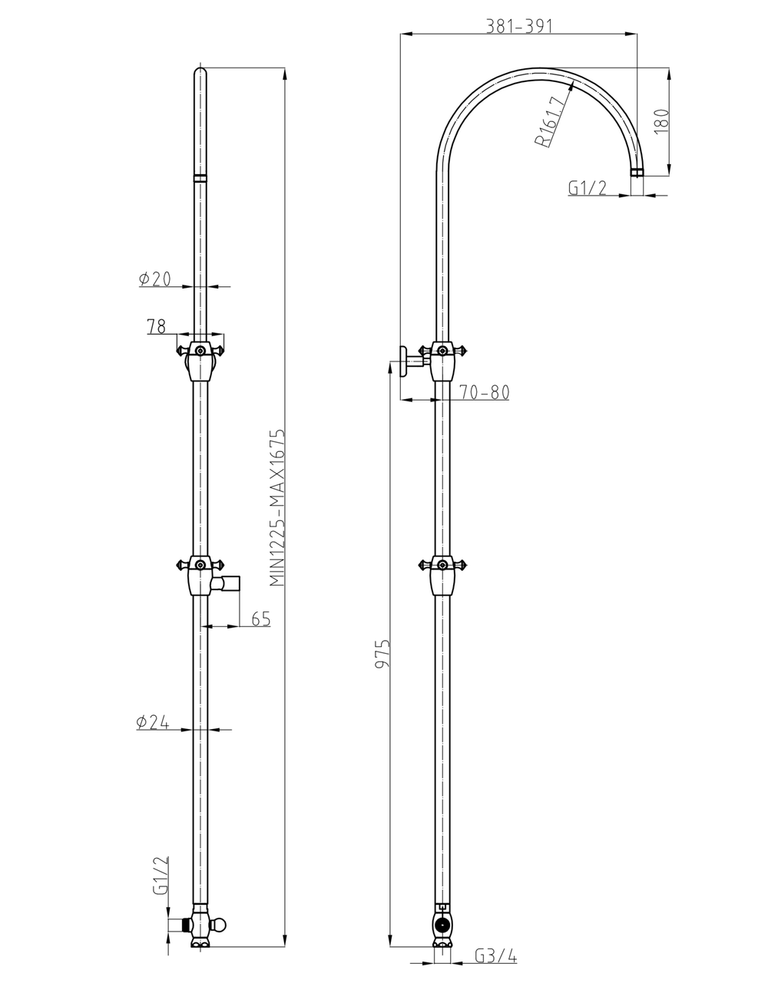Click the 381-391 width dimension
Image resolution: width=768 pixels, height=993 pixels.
coord(519,25)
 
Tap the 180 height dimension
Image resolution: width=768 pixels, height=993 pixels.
coord(661,120)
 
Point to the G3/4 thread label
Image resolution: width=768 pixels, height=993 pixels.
coord(496,956)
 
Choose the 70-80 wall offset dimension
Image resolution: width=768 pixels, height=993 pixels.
coord(485,392)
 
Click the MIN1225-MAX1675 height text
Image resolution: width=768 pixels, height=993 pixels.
coord(277,508)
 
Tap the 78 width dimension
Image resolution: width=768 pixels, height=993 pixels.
coord(156,327)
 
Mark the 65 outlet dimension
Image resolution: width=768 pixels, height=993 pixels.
coord(260,619)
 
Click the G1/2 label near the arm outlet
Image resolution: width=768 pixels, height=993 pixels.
coord(588,188)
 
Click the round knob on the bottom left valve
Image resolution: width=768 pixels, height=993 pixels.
coord(221,923)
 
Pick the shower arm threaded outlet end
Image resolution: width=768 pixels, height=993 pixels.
coord(637,173)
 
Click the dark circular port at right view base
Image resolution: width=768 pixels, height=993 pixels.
coord(442,924)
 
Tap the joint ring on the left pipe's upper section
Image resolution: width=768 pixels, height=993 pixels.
coord(200,178)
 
